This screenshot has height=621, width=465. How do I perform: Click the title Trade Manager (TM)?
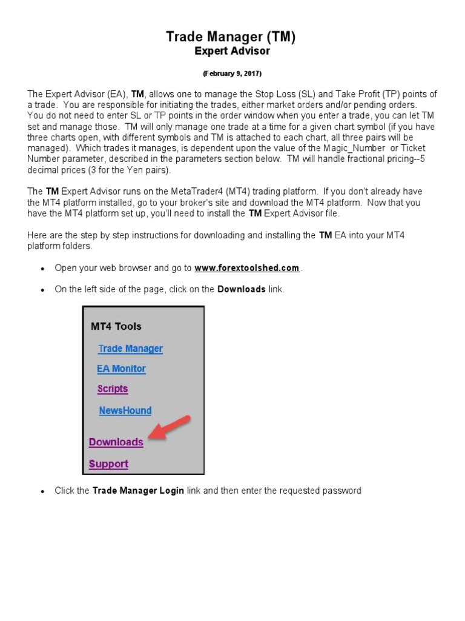pos(231,37)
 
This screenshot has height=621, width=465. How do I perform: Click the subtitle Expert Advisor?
pos(232,52)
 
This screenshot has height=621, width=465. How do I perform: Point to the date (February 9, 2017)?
pos(232,73)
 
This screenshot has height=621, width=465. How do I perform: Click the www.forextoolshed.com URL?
pos(247,268)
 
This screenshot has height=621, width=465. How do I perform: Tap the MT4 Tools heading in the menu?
pos(116,326)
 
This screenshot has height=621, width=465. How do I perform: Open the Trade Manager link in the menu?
pos(130,349)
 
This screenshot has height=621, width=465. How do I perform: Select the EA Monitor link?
pos(121,369)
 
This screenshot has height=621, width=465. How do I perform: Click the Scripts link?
pos(113,389)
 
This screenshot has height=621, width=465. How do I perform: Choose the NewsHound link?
pos(125,411)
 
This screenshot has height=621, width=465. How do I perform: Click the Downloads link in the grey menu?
pos(116,442)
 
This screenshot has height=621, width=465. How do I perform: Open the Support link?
pos(108,464)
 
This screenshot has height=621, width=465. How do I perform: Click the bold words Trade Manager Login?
pos(138,491)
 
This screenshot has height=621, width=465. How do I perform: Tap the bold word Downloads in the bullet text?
pos(241,289)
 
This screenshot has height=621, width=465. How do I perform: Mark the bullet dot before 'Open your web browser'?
pos(42,269)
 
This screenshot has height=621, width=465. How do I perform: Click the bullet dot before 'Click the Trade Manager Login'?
pos(42,491)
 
